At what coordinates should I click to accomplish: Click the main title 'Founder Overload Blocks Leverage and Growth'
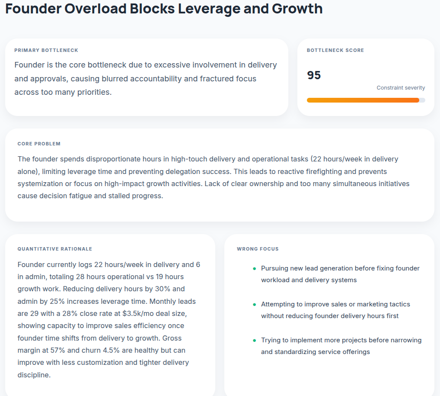point(164,9)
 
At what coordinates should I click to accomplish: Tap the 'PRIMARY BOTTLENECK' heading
point(46,50)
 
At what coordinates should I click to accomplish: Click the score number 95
point(314,75)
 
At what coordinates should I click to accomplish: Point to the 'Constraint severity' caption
point(401,88)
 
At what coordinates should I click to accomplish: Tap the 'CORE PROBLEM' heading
point(39,144)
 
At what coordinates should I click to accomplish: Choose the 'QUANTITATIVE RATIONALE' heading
point(55,249)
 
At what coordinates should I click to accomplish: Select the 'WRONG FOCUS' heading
point(258,249)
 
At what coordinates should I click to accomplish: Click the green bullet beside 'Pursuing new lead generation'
point(254,268)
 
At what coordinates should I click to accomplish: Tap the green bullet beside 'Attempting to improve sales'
point(254,304)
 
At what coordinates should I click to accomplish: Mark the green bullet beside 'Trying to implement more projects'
point(254,340)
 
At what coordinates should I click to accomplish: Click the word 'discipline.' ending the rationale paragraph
point(34,375)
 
